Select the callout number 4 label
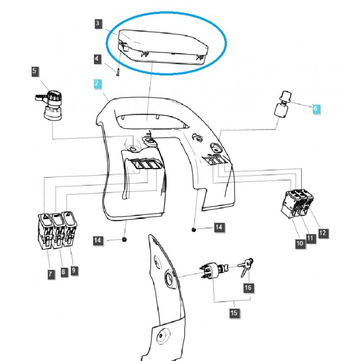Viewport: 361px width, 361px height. [98, 59]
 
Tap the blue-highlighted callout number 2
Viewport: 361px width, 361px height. [96, 83]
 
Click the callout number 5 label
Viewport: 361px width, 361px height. [35, 71]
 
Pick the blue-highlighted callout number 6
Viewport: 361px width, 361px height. [315, 109]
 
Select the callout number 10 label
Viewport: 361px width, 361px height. [300, 244]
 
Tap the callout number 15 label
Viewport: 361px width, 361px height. [234, 312]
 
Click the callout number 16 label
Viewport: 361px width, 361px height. [248, 287]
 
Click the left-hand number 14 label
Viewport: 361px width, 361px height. [98, 241]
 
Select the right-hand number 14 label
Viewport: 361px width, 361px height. [218, 227]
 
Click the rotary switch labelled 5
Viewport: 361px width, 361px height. [52, 106]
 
